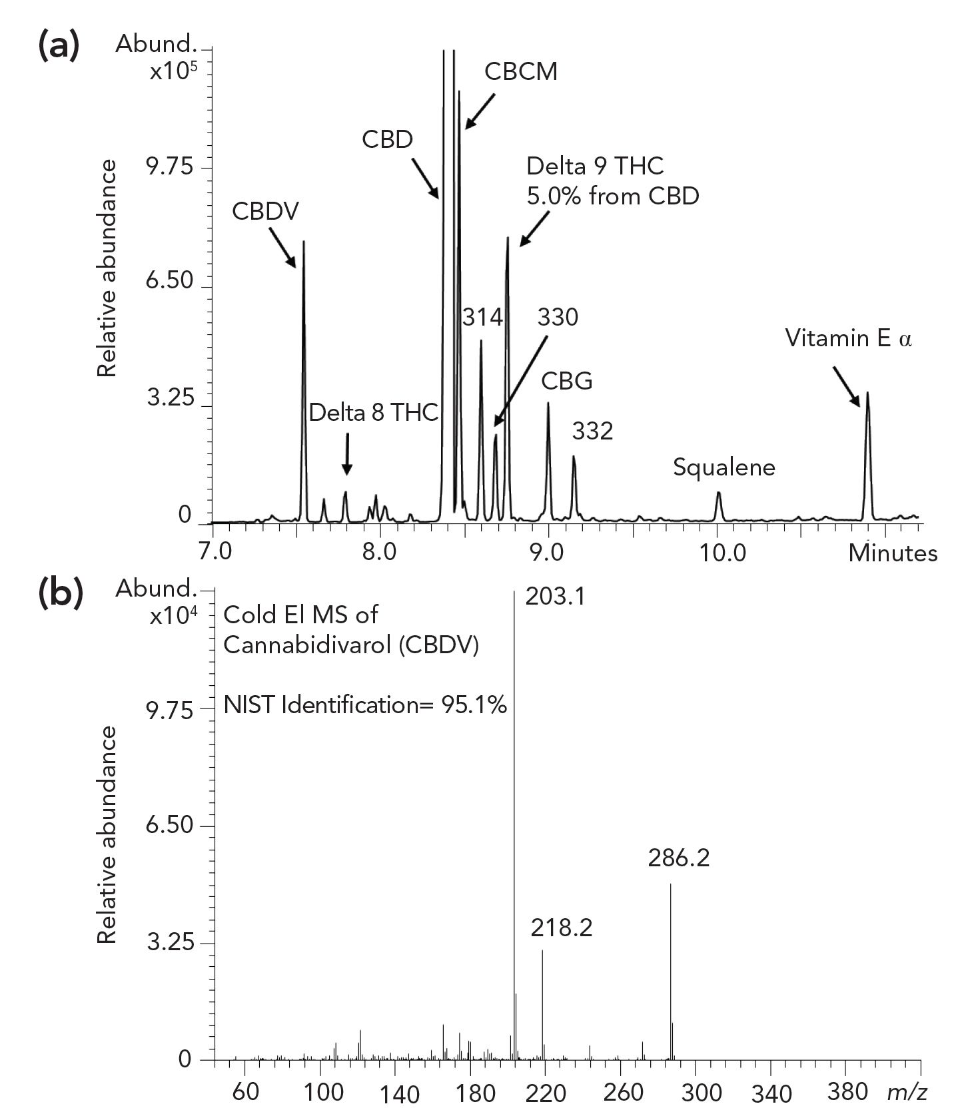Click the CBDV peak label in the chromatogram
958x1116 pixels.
coord(266,211)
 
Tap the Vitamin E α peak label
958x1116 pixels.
coord(848,338)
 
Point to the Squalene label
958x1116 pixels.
coord(723,467)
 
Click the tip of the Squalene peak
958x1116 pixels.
coord(719,493)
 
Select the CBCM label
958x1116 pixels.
coord(520,71)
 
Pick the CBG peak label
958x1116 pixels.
coord(566,382)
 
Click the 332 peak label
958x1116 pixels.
coord(592,431)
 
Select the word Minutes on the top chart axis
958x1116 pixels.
coord(893,553)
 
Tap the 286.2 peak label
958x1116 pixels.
coord(678,858)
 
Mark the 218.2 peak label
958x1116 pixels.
coord(561,928)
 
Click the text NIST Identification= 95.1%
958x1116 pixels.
coord(365,704)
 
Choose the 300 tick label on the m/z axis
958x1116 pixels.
coord(698,1093)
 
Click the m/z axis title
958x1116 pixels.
coord(907,1091)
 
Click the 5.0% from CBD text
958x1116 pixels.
coord(612,196)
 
